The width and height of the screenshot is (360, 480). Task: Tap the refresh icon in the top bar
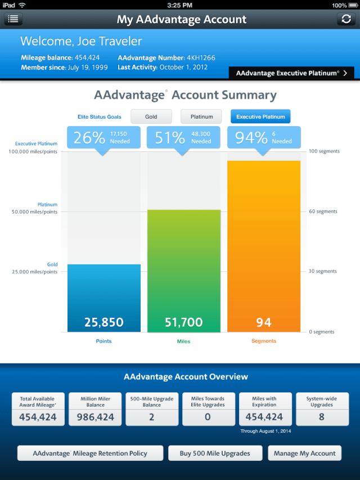tap(346, 19)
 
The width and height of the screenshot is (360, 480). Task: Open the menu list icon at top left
tap(13, 19)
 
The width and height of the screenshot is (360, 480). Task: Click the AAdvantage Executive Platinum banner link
tap(291, 73)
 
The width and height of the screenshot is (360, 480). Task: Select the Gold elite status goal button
tap(151, 116)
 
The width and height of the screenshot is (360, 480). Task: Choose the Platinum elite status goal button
tap(201, 116)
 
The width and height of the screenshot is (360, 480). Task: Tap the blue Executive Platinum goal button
tap(260, 116)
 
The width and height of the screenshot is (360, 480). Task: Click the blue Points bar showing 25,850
tap(104, 298)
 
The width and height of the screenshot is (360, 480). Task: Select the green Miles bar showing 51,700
tap(184, 270)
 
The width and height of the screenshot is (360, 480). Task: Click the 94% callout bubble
tap(263, 137)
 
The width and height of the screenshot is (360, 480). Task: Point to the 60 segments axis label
tap(323, 212)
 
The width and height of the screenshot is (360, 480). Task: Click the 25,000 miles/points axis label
tap(35, 272)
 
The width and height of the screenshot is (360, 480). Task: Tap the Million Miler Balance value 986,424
tap(94, 417)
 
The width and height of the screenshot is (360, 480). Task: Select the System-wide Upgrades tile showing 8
tap(322, 409)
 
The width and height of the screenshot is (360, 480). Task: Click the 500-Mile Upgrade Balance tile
tap(151, 409)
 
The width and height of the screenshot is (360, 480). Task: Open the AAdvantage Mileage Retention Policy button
tap(90, 453)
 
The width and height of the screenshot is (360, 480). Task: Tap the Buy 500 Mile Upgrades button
tap(214, 453)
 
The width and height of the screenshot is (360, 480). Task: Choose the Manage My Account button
tap(305, 453)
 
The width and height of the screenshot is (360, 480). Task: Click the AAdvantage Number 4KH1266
tap(200, 58)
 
